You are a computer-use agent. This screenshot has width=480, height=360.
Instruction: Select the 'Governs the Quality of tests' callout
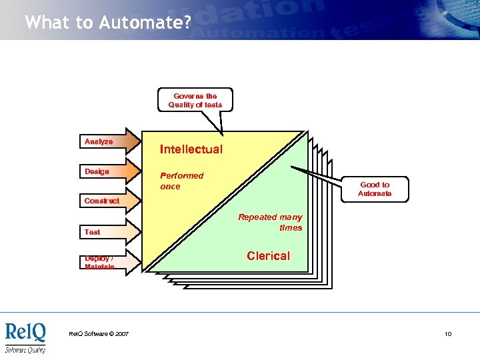click(x=195, y=100)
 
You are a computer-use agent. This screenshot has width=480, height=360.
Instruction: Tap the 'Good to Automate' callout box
click(x=374, y=189)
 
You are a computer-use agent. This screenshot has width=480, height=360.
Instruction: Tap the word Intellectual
click(x=191, y=149)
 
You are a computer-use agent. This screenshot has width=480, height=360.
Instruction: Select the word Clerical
click(x=268, y=256)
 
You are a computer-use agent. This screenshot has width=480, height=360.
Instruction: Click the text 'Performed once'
click(x=181, y=181)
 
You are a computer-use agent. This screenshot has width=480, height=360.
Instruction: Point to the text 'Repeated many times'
click(x=271, y=222)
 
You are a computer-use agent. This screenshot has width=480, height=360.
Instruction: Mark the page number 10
click(x=448, y=334)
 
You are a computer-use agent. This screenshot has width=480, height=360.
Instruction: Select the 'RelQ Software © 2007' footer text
click(x=99, y=334)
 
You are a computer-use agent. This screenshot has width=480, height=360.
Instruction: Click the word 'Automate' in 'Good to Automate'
click(x=375, y=194)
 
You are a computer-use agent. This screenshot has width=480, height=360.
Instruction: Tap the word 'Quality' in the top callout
click(x=181, y=105)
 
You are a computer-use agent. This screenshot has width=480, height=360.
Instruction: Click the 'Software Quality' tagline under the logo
click(x=25, y=350)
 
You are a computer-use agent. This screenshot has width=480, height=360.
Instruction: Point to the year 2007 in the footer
click(x=121, y=334)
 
